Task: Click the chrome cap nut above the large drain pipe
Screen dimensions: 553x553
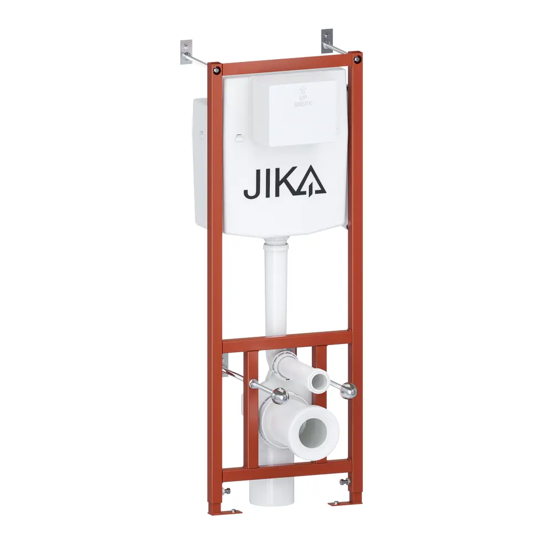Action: tap(280, 394)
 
